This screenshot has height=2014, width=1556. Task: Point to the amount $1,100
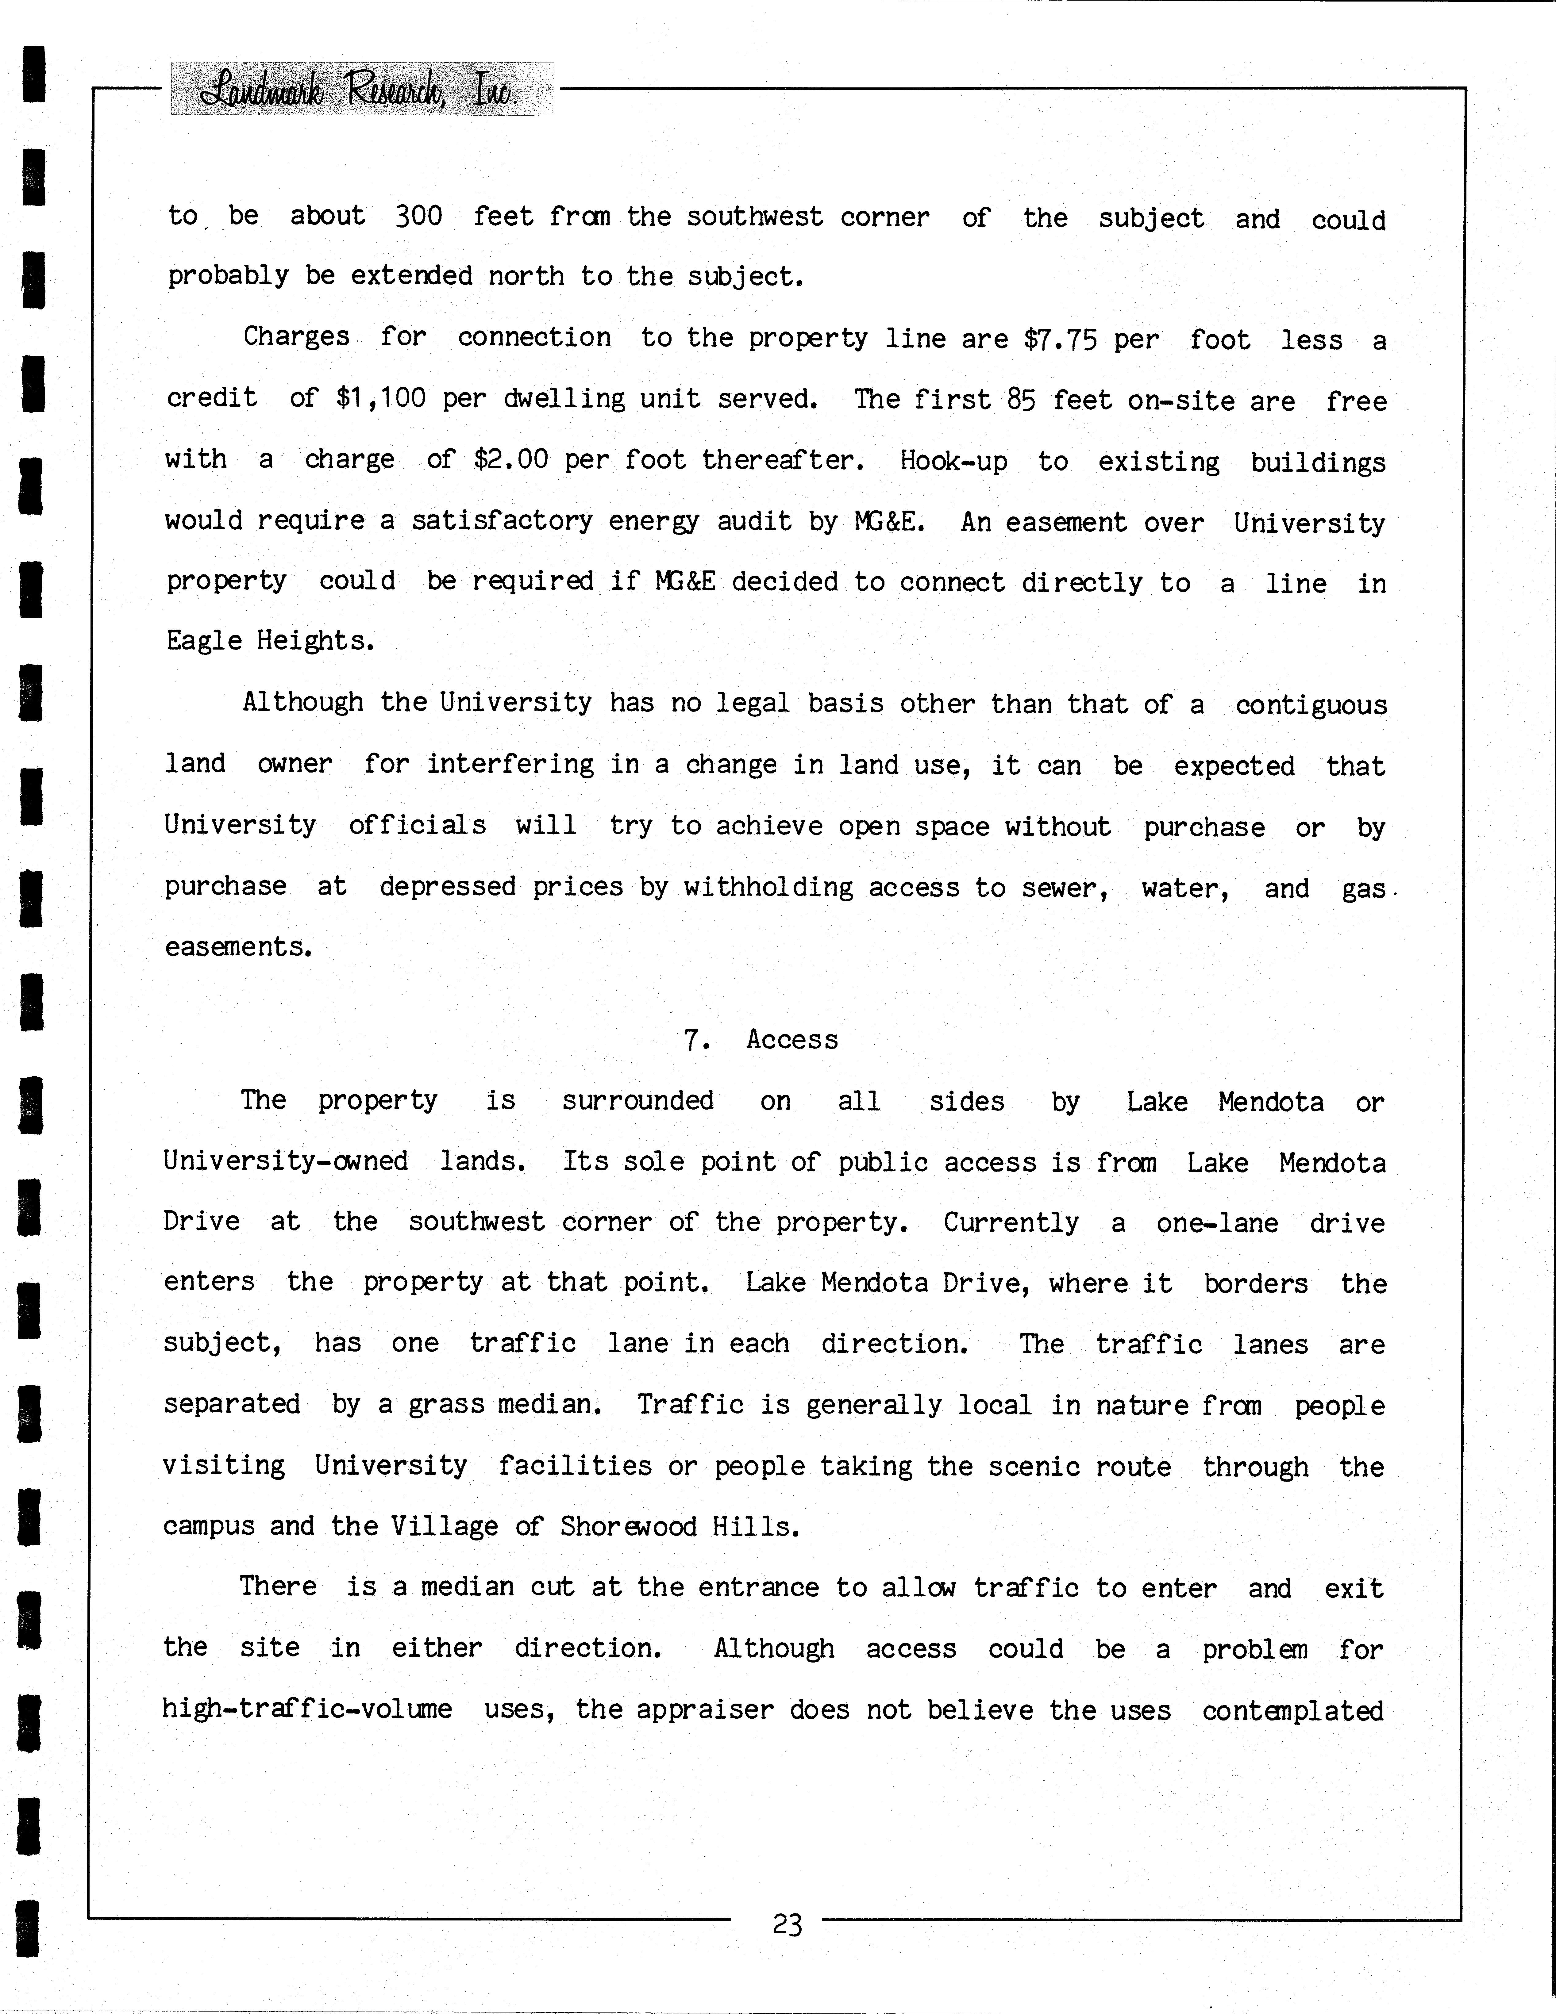coord(380,398)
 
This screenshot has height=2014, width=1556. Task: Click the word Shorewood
coord(628,1526)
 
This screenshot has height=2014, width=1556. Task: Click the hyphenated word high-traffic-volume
coord(307,1709)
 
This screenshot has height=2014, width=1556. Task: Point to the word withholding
coord(768,887)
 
